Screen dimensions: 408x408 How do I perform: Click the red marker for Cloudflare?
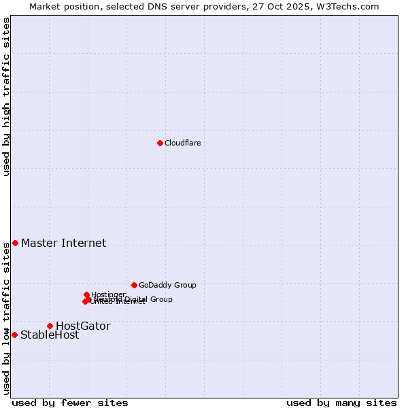click(160, 143)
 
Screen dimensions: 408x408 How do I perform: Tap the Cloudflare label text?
click(182, 143)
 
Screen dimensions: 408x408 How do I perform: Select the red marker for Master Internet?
click(15, 243)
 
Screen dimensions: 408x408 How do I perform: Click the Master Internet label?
click(63, 243)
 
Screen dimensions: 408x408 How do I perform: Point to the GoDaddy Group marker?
click(134, 285)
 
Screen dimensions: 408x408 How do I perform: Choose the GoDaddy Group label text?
click(167, 285)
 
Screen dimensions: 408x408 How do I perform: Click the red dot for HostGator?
click(50, 326)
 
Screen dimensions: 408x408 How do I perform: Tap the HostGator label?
click(83, 326)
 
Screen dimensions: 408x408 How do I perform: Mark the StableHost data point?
click(14, 335)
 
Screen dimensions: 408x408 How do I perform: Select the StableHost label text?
click(50, 335)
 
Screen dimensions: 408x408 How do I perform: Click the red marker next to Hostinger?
click(86, 294)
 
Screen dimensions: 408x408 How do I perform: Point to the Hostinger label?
click(108, 294)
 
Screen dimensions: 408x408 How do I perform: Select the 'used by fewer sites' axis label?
click(70, 403)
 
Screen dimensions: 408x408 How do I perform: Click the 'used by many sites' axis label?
click(341, 403)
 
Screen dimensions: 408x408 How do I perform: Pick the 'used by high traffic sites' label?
click(6, 97)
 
